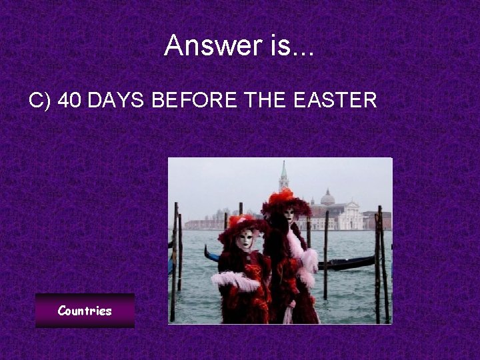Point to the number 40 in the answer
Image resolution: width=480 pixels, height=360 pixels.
[x=70, y=101]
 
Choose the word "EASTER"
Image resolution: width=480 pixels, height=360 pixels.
[x=339, y=101]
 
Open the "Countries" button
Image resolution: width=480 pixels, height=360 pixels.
[x=85, y=311]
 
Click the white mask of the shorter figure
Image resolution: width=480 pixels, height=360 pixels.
[x=244, y=239]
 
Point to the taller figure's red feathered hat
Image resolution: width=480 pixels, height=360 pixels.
[x=285, y=199]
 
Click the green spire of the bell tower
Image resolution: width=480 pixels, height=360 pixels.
[x=283, y=169]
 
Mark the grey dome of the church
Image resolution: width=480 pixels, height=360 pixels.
[x=327, y=198]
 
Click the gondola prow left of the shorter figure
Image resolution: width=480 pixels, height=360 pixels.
[x=209, y=254]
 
